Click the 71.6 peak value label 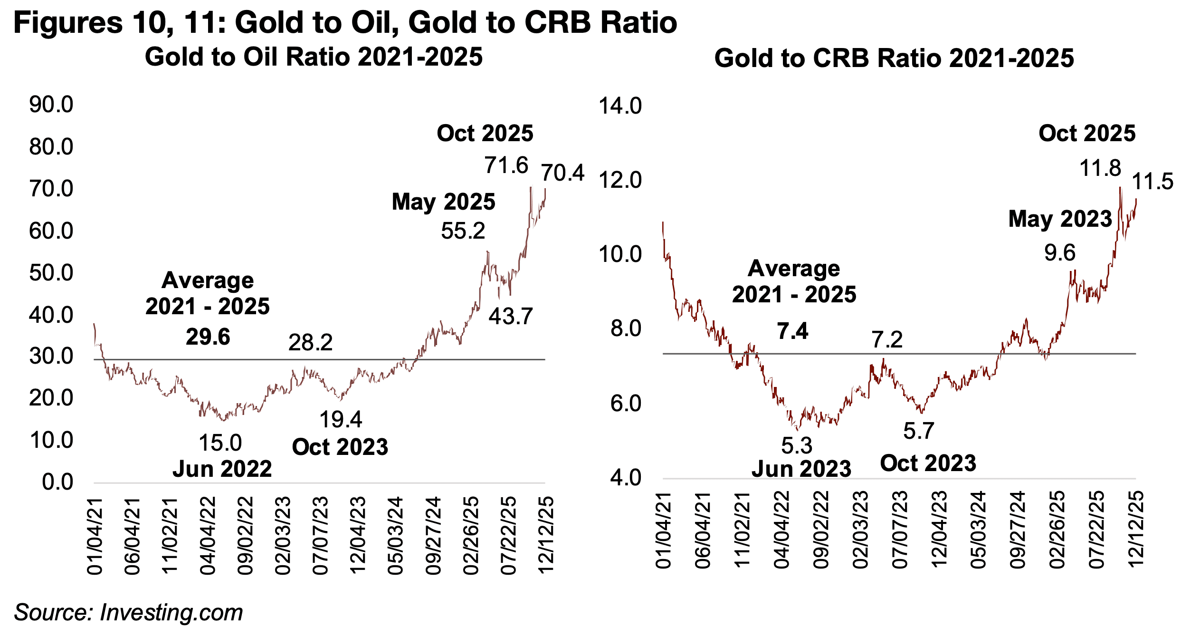(x=506, y=165)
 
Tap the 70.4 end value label (x=562, y=173)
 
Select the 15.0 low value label (x=220, y=443)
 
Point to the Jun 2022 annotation (x=222, y=469)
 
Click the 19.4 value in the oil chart (x=341, y=419)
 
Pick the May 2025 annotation (x=443, y=202)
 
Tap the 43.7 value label (x=511, y=316)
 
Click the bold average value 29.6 (x=208, y=337)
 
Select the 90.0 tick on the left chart (x=51, y=105)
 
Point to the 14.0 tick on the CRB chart (x=620, y=106)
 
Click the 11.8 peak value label (x=1100, y=168)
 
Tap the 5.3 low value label (x=797, y=446)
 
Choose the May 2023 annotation (x=1060, y=219)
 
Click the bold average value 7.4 (x=792, y=331)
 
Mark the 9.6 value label (x=1059, y=252)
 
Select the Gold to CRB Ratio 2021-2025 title (x=894, y=58)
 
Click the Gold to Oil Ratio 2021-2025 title (x=314, y=57)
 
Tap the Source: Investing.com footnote (x=128, y=612)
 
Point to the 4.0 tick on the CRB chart (x=626, y=478)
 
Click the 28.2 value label (x=310, y=342)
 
